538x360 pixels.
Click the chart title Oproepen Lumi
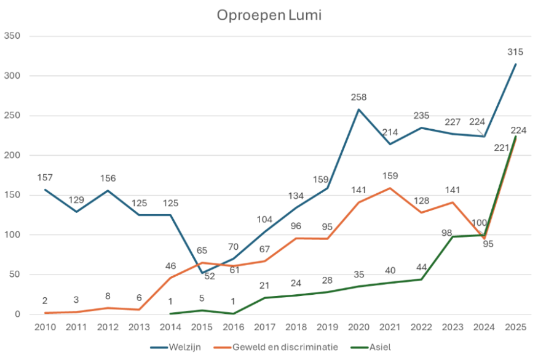point(269,15)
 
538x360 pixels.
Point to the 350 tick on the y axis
point(13,36)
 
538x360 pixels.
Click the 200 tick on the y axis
point(13,156)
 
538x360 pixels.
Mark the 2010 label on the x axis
point(45,327)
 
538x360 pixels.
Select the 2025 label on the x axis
point(515,327)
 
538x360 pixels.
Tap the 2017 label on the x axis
point(264,327)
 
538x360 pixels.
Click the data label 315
point(515,52)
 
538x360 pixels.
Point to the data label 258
point(358,98)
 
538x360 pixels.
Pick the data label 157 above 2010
point(45,178)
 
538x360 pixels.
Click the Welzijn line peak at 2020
point(358,110)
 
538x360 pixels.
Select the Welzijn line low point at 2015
point(202,273)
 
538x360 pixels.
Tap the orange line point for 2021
point(390,188)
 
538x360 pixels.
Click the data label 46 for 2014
point(170,266)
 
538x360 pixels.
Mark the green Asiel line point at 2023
point(453,237)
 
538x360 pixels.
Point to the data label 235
point(421,116)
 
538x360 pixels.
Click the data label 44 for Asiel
point(421,268)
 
